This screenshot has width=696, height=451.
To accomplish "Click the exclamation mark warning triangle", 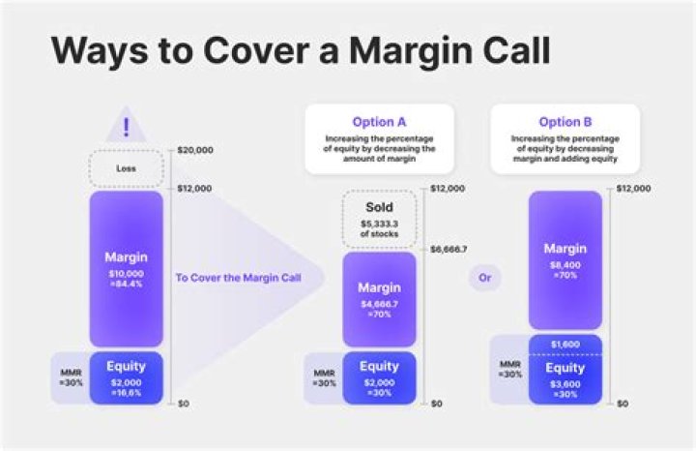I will click(x=127, y=128).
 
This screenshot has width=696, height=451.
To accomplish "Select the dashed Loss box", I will click(x=127, y=167).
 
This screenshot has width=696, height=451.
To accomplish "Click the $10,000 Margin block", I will click(x=127, y=268).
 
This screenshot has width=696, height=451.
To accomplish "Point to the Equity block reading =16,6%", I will click(x=127, y=377).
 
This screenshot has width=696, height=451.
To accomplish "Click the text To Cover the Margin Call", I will click(x=238, y=278).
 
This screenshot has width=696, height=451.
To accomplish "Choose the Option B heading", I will click(x=558, y=122).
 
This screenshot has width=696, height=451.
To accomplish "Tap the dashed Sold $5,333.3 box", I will click(x=379, y=220).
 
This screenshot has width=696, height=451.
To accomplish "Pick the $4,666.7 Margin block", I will click(x=379, y=299).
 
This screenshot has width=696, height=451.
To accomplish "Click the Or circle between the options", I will click(x=484, y=278).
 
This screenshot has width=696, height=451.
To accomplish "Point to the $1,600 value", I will click(x=565, y=344).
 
